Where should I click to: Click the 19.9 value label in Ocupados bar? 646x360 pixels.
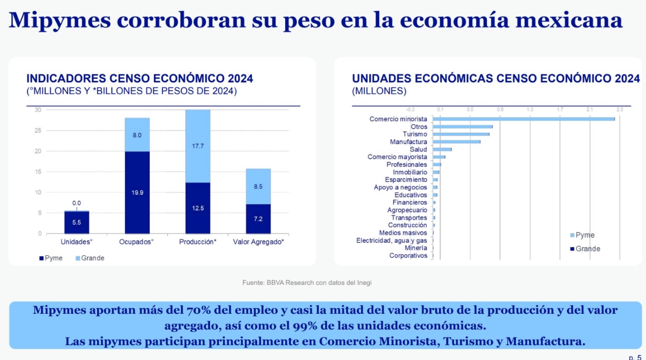[x=137, y=192]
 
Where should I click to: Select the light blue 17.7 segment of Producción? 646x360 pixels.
[x=198, y=146]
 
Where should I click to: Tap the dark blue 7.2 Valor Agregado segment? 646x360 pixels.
[x=258, y=219]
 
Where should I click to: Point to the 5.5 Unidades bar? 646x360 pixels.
[x=77, y=222]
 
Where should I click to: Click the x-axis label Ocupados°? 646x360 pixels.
[x=137, y=242]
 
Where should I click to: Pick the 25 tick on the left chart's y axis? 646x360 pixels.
[x=38, y=130]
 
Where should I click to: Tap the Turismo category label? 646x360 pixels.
[x=414, y=134]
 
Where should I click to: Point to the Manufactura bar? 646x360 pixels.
[x=456, y=142]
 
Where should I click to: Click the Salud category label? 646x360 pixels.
[x=418, y=149]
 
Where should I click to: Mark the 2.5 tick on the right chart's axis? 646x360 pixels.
[x=619, y=109]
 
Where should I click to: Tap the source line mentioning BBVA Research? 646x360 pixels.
[x=307, y=282]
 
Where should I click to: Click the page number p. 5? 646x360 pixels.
[x=635, y=357]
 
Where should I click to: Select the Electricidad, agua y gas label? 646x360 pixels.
[x=392, y=240]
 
